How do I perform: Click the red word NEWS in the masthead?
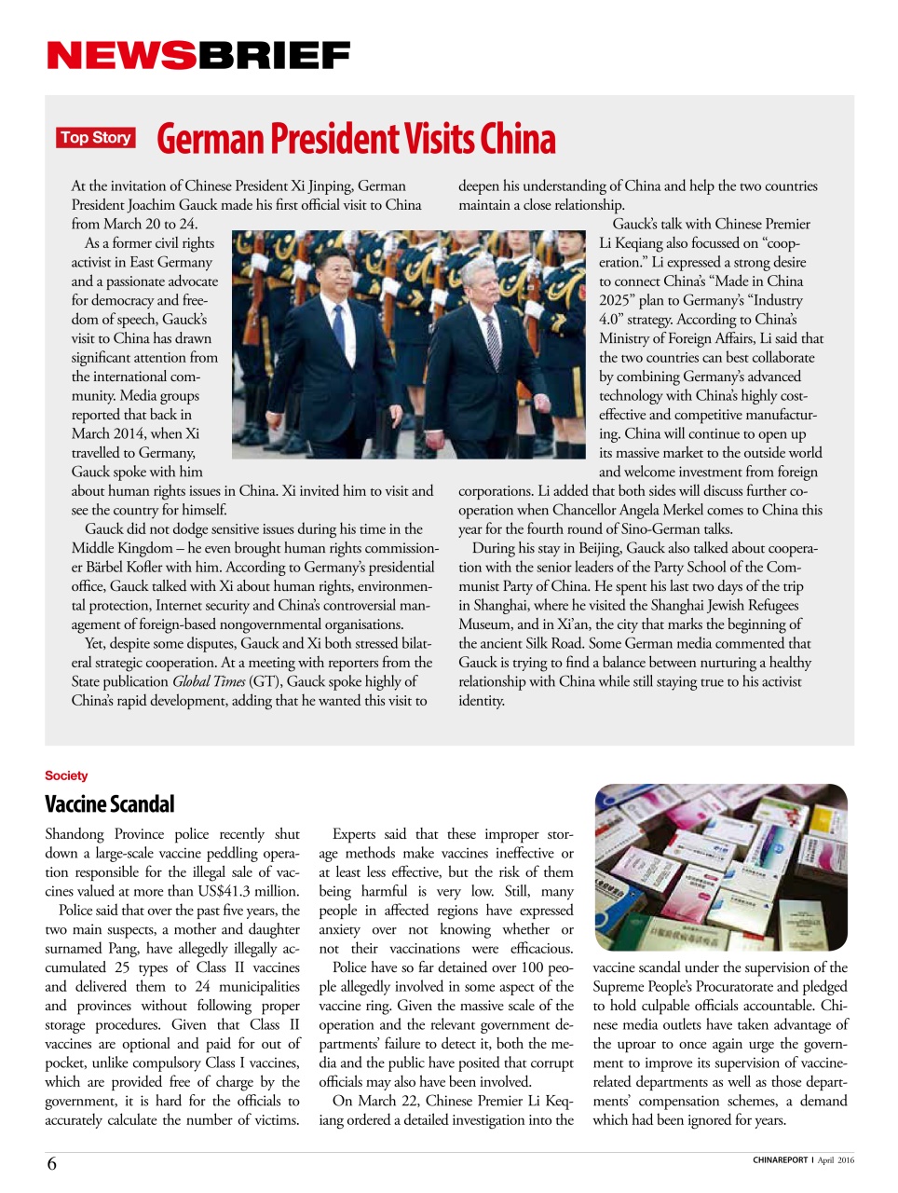tap(121, 57)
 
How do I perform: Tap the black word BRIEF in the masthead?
tap(274, 57)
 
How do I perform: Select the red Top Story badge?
tap(96, 138)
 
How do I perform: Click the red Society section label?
tap(66, 775)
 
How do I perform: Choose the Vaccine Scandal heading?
tap(110, 804)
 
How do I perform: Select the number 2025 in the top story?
tap(618, 300)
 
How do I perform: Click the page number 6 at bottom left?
tap(52, 1163)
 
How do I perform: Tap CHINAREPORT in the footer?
tap(780, 1160)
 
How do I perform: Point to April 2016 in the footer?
tap(836, 1160)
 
